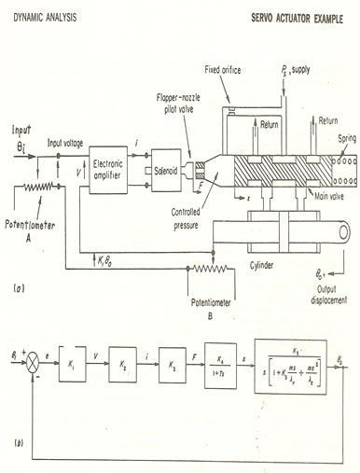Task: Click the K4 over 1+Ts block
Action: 220,360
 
